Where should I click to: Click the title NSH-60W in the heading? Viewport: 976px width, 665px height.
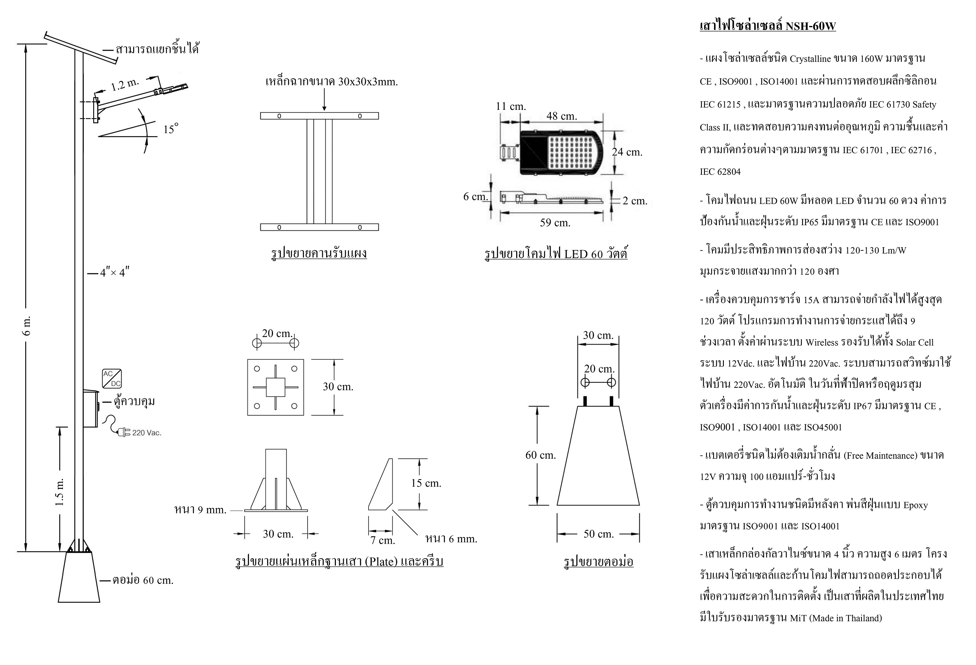(810, 26)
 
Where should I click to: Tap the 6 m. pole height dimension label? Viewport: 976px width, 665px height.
(26, 326)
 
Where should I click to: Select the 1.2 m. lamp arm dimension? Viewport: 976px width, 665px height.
(124, 85)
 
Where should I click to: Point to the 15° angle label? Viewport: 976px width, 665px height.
(170, 129)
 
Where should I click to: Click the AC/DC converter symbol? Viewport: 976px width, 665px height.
(112, 378)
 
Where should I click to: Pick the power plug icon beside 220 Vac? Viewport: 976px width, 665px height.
(124, 432)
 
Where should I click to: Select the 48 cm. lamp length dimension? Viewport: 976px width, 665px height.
(561, 116)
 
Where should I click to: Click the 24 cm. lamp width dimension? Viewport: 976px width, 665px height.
(627, 152)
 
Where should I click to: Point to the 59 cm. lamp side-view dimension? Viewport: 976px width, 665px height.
(555, 222)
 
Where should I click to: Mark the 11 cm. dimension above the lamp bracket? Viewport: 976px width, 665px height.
(510, 106)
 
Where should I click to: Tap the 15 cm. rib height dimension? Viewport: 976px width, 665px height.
(426, 483)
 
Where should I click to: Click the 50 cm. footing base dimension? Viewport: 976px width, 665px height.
(598, 534)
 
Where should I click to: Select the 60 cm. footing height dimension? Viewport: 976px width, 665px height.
(541, 455)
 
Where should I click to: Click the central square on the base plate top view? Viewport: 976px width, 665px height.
(275, 387)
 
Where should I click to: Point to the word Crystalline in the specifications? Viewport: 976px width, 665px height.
(810, 59)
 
